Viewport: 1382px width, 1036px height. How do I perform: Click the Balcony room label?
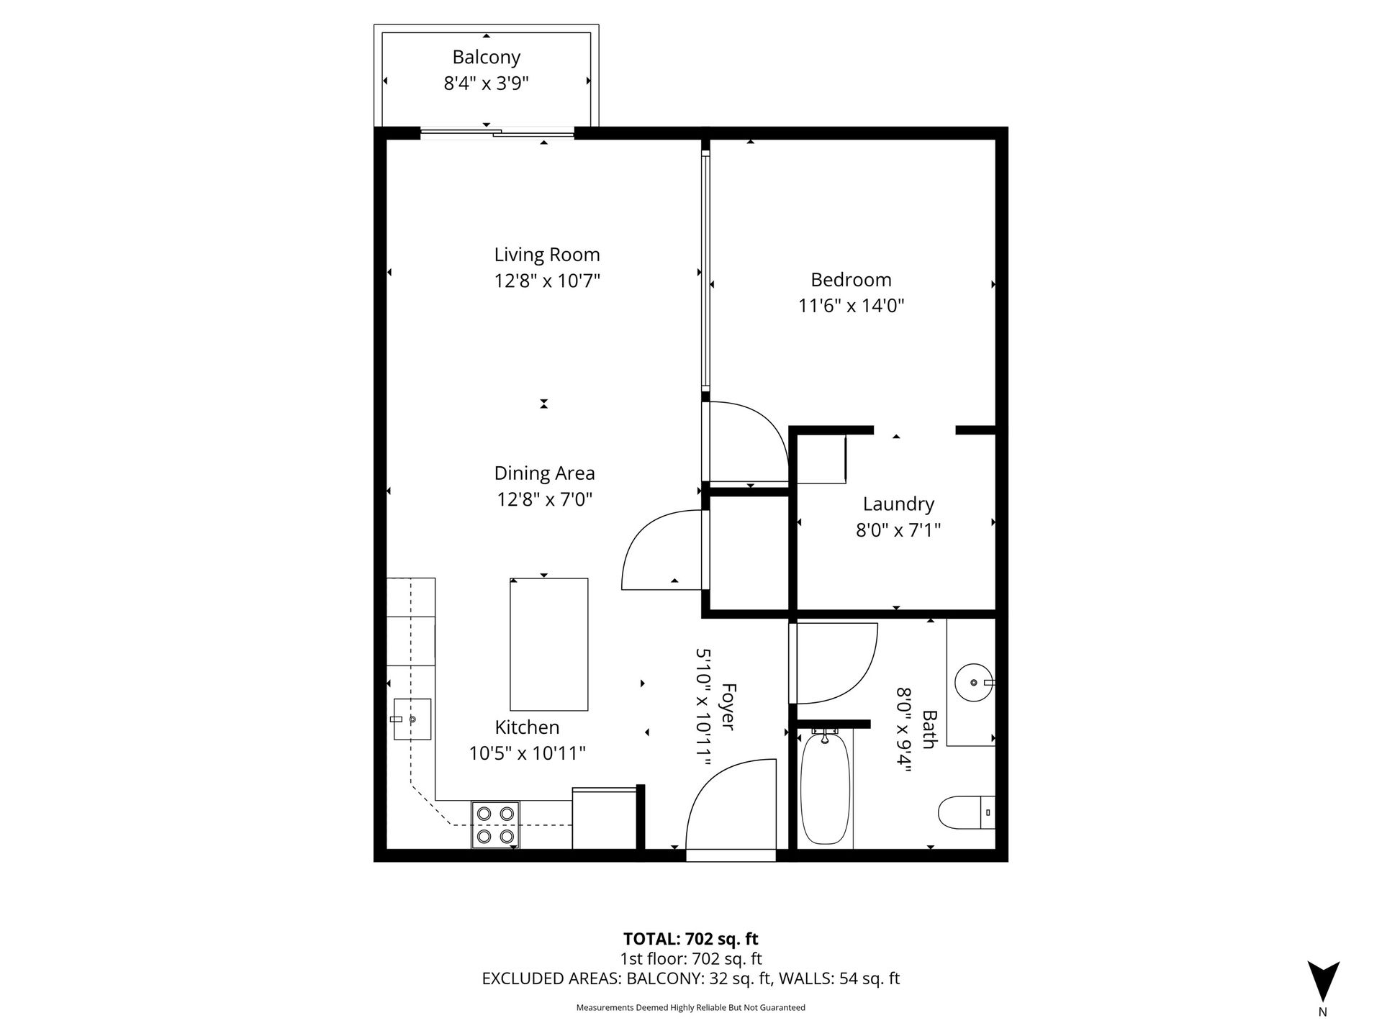pos(486,57)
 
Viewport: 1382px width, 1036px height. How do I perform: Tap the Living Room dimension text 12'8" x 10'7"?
pos(547,281)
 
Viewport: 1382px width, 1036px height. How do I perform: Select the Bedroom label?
pos(851,279)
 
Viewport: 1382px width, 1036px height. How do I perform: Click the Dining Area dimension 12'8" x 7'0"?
pos(544,499)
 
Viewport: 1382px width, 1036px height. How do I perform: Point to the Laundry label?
pos(898,504)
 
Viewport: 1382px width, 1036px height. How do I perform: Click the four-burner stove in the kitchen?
pos(496,824)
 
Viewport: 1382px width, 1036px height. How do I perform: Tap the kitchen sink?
pos(412,719)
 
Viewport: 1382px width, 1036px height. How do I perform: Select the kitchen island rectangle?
pos(548,644)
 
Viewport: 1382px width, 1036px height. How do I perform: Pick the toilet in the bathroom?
pos(965,812)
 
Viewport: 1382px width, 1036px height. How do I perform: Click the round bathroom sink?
pos(974,681)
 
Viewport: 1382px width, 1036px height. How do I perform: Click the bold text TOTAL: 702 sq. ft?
pos(690,939)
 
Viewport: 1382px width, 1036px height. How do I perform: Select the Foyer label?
pos(728,707)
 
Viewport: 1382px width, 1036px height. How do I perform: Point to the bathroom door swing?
pos(835,662)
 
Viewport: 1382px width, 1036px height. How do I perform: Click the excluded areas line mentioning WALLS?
pos(690,978)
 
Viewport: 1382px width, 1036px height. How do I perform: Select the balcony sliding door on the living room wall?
pos(497,132)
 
